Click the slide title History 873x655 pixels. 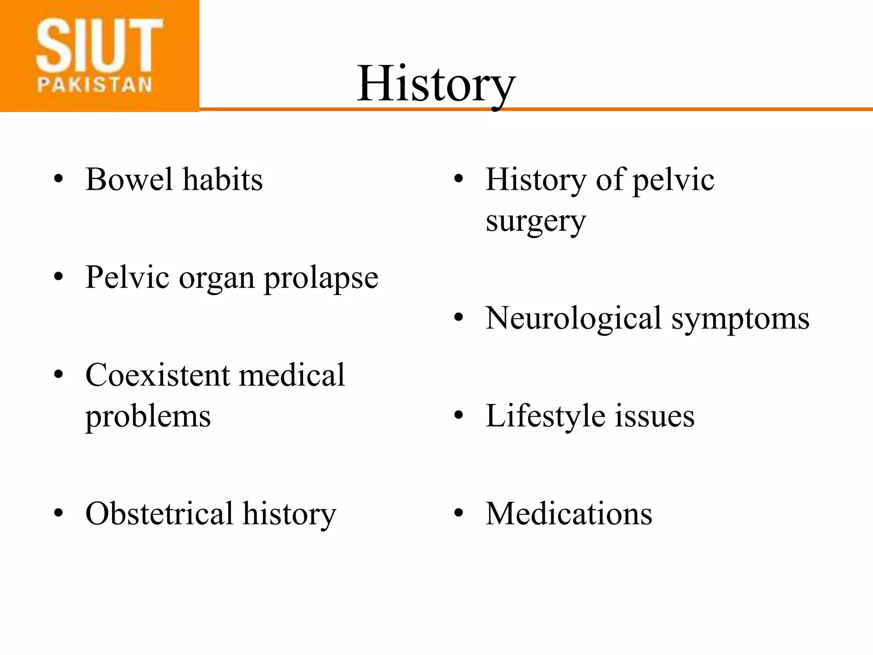[436, 84]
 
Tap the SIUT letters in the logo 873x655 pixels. [100, 46]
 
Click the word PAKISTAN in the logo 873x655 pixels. [95, 85]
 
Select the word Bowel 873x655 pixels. [129, 180]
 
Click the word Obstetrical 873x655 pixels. [159, 513]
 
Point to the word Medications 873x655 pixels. [569, 513]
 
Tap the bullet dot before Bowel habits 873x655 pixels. [58, 179]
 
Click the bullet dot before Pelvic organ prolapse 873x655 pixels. [58, 277]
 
